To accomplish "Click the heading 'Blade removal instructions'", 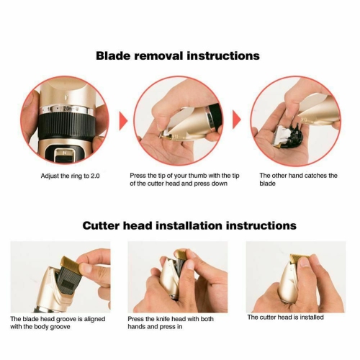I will [x=178, y=55].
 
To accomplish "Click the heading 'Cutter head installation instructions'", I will [x=189, y=225].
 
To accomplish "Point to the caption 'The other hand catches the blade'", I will [x=297, y=179].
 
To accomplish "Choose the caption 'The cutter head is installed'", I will [x=285, y=317].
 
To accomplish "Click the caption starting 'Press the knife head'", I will [x=171, y=322].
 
